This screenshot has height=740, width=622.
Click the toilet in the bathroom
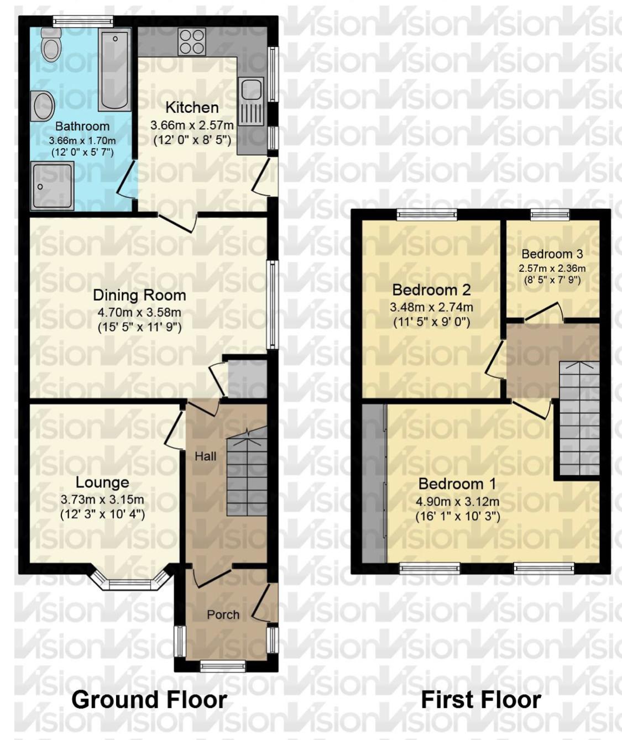point(51,44)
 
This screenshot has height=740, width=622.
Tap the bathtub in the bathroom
point(115,70)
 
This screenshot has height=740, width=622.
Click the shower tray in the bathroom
point(52,186)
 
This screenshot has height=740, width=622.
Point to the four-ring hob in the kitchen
point(192,42)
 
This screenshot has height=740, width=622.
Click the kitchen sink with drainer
point(251,101)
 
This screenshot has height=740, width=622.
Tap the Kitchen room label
point(192,107)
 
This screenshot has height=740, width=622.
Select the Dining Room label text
point(139,295)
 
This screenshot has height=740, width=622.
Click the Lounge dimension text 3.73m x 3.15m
point(102,500)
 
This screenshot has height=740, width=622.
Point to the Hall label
point(206,456)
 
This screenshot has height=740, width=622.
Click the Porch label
point(223,615)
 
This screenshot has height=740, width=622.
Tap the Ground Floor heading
point(149,700)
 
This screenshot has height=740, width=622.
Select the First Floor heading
point(481,700)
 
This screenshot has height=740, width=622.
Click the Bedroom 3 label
point(552,254)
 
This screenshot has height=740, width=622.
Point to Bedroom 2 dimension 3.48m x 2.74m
point(432,307)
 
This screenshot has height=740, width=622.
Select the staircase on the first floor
point(579,418)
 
